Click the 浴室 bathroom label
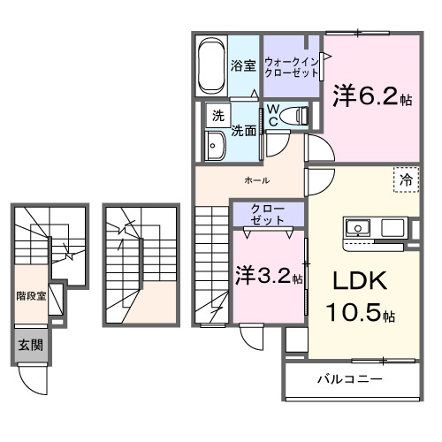[x=243, y=65]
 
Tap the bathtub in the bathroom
[x=211, y=65]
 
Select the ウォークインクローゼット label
[x=292, y=67]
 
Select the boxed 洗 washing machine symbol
[x=217, y=115]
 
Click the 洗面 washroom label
[x=244, y=130]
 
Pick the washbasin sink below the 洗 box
[x=217, y=146]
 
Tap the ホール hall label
[x=256, y=180]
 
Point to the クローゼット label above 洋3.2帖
[x=267, y=214]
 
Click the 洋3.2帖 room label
[x=268, y=276]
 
